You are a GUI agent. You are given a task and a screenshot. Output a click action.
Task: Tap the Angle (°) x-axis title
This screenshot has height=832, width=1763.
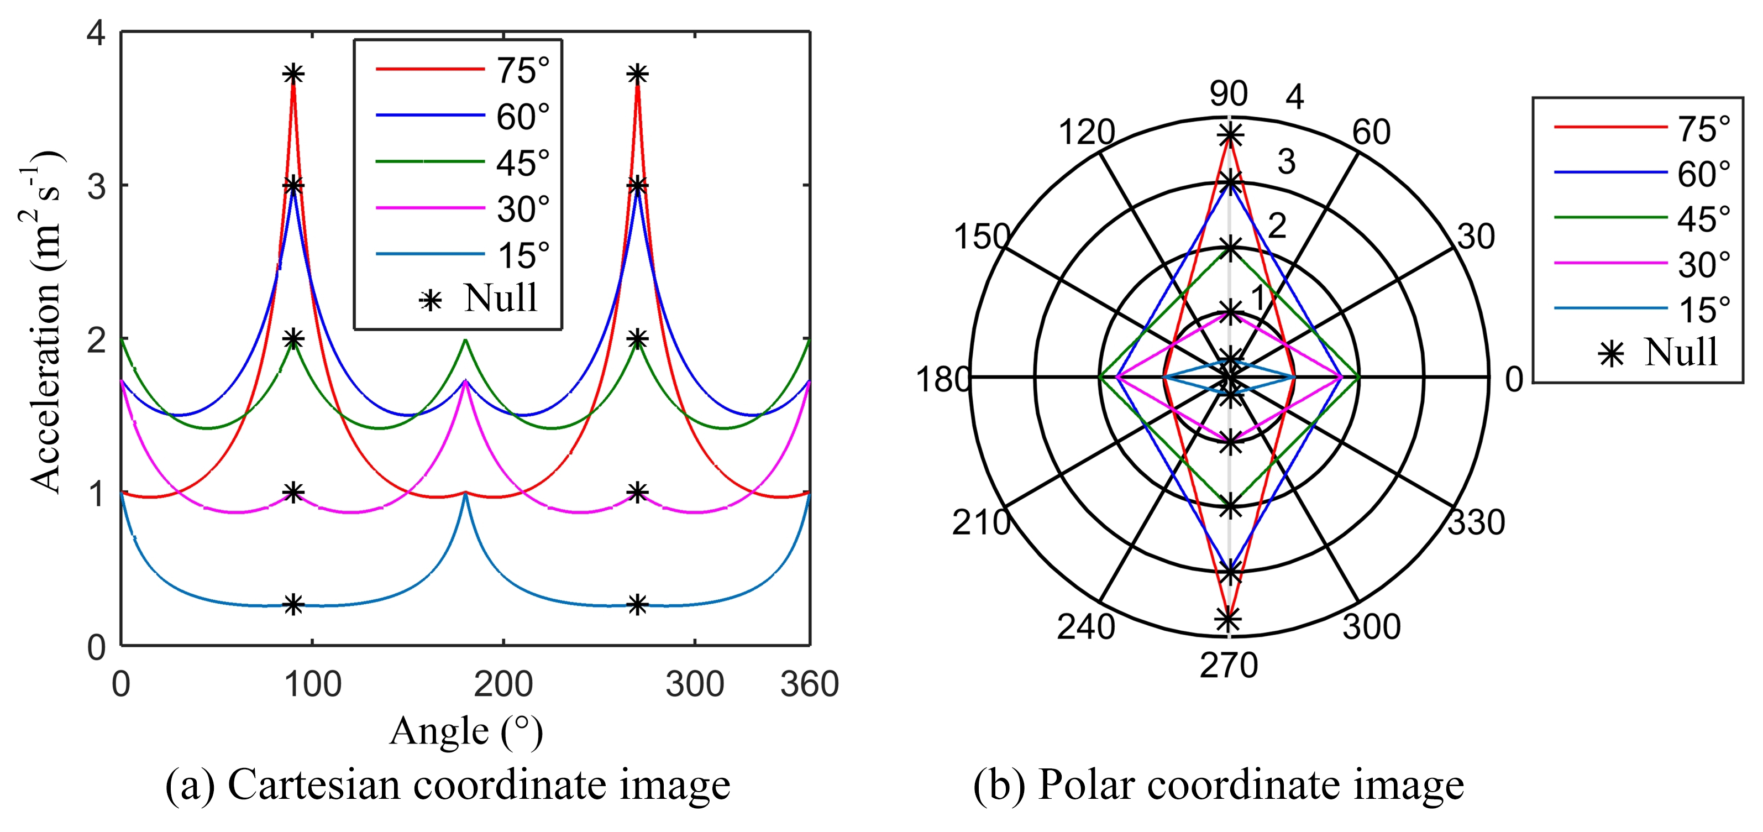pos(466,732)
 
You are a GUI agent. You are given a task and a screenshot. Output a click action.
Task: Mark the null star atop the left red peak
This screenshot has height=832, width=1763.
pos(293,74)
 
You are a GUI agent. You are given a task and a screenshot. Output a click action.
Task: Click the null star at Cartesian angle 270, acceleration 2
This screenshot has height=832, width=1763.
pos(637,339)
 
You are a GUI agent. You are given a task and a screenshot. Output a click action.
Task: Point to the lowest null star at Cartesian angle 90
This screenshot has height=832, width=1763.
pos(293,605)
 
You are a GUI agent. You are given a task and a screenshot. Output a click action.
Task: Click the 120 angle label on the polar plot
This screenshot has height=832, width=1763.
pos(1087,132)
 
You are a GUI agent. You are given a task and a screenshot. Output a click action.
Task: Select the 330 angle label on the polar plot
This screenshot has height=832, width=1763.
pos(1476,522)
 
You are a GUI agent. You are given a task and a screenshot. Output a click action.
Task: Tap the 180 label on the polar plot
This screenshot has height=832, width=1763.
pos(943,379)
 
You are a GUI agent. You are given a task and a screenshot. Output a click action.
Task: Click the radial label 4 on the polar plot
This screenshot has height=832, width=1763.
pos(1294,98)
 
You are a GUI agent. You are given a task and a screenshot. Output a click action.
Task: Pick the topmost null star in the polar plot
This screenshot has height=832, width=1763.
pos(1230,135)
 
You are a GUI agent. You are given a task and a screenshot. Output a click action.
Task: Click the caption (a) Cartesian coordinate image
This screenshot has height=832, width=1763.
pos(448,785)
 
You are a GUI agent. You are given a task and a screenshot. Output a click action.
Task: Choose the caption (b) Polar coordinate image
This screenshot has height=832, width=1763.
pos(1218,785)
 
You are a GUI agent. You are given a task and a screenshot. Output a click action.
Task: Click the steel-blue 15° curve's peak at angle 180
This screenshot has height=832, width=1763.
pos(465,494)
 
